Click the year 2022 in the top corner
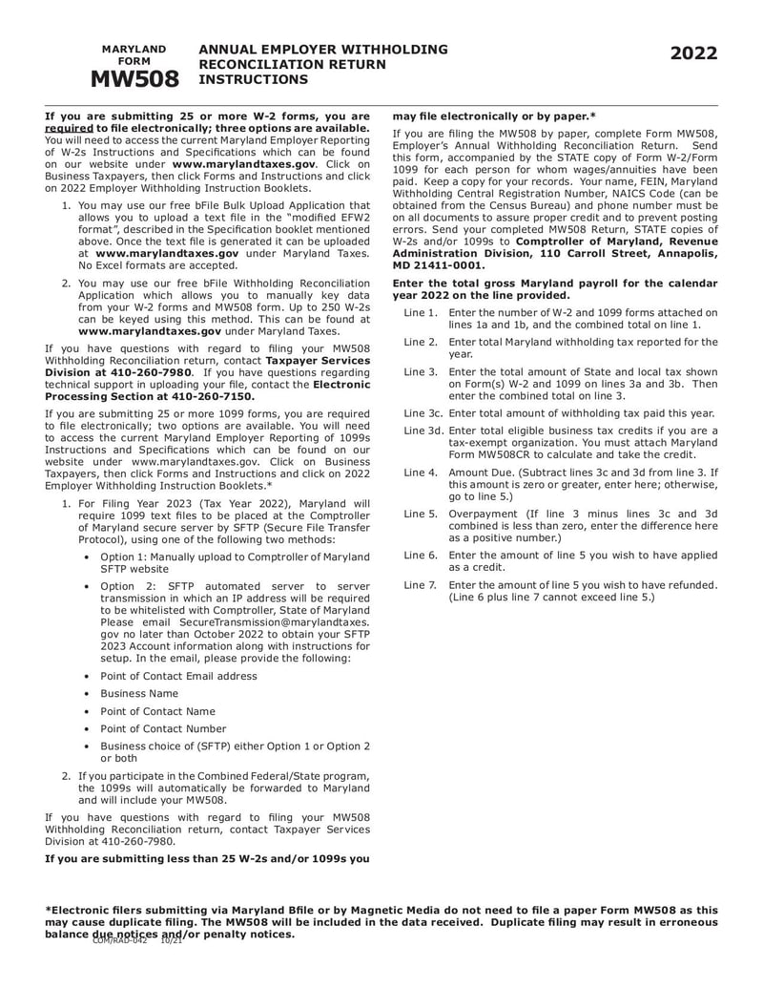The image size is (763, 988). [x=692, y=54]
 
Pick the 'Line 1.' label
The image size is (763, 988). [x=421, y=313]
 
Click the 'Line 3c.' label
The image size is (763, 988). [x=423, y=413]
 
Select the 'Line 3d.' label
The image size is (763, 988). [x=423, y=431]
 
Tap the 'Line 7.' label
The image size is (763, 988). [x=421, y=584]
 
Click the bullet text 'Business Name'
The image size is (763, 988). [x=139, y=693]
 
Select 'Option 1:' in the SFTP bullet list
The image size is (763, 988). [x=125, y=556]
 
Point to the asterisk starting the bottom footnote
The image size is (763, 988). [x=49, y=911]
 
